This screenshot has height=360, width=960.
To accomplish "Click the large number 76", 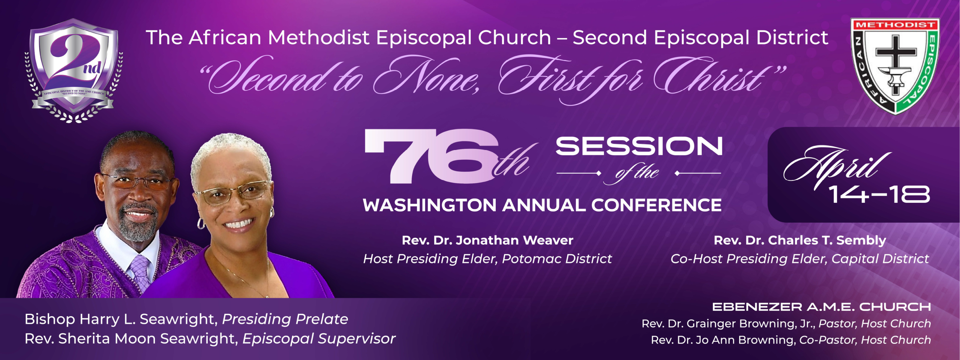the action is [431, 156].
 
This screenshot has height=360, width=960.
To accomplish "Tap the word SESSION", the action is [639, 146].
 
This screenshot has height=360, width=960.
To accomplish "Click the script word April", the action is [837, 167].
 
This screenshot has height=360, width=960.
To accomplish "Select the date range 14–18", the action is [879, 195].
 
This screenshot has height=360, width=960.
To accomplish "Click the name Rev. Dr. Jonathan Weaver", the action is [487, 240].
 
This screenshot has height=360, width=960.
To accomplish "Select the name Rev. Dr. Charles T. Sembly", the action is [800, 240].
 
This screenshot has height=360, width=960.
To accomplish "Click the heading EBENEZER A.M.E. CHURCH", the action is [821, 307].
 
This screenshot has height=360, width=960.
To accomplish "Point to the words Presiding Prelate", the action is [285, 319].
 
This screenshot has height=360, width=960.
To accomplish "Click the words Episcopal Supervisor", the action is [319, 339].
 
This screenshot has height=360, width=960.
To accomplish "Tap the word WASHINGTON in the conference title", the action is [430, 205].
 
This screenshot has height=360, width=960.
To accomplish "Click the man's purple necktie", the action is [140, 273].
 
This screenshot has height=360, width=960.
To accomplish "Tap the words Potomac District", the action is [557, 259].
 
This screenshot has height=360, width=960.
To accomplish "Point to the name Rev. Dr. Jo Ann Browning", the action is [723, 340].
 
